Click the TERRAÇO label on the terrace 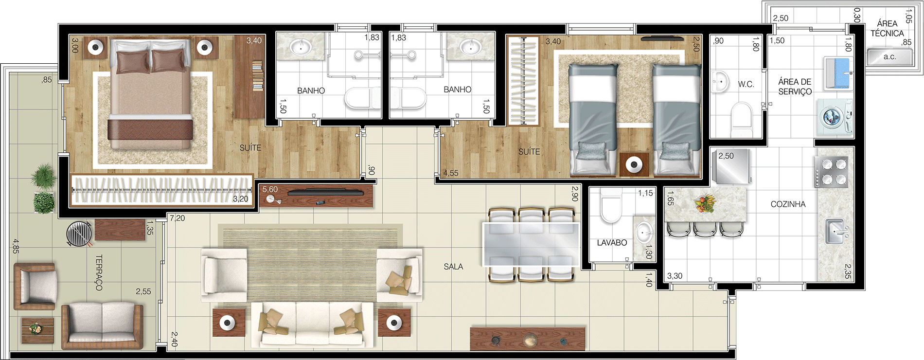pos(99,273)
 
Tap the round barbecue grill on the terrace pos(79,233)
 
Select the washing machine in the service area pos(835,117)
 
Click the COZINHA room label pos(788,204)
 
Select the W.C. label pos(746,84)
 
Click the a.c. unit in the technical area pos(889,57)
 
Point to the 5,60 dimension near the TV pos(270,189)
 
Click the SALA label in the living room pos(453,267)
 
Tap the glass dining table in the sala pos(531,244)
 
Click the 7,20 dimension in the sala pos(177,218)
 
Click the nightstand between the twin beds pos(634,165)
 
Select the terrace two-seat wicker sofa pos(103,325)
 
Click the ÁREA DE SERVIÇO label pos(795,87)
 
